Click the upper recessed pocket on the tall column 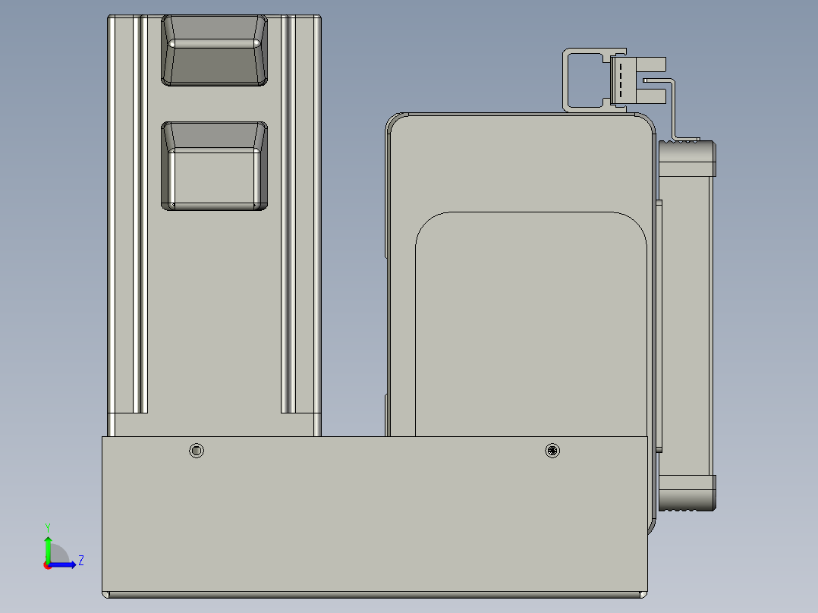point(215,50)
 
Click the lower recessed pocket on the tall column point(215,165)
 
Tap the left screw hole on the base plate point(197,451)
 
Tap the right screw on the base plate point(552,451)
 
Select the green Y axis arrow point(48,548)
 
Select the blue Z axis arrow point(64,564)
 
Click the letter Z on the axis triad point(80,561)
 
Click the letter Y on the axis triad point(47,527)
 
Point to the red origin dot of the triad point(48,564)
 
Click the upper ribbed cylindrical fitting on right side point(687,156)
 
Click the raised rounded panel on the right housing point(531,326)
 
